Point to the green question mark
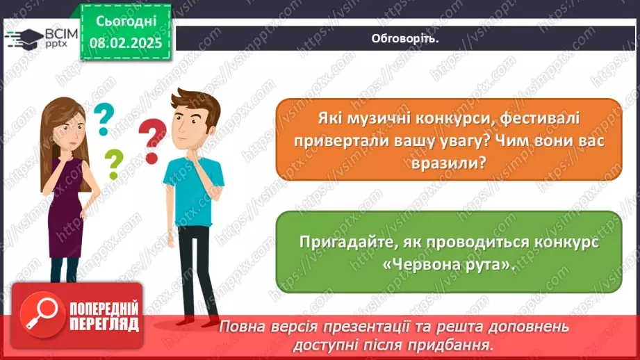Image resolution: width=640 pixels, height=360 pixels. click(x=113, y=165)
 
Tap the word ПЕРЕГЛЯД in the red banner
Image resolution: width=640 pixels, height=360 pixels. click(x=104, y=324)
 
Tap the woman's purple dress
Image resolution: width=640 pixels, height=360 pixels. click(x=65, y=208)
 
